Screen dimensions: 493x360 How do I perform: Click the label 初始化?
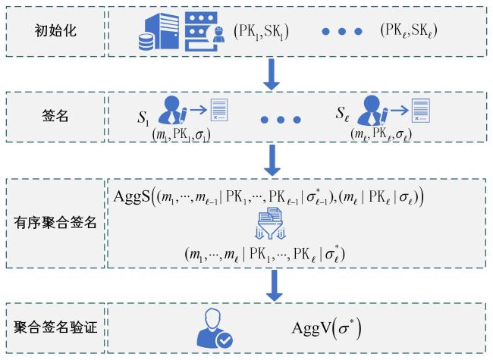[55, 31]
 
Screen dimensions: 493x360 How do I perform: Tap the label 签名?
[55, 116]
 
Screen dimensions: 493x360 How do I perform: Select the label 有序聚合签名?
[55, 223]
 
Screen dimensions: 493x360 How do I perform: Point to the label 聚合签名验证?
[55, 327]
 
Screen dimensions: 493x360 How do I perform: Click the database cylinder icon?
[146, 42]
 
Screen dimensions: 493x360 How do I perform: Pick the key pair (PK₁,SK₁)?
[261, 32]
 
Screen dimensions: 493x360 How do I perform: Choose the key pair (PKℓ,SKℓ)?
[408, 31]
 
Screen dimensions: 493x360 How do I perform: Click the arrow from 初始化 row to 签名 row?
[272, 75]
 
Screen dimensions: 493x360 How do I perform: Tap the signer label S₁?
[143, 118]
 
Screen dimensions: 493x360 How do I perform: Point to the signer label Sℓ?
[343, 114]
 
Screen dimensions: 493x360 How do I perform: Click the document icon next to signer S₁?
[219, 110]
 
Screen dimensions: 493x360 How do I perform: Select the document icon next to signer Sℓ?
[421, 111]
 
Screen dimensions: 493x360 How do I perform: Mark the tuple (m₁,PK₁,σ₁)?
[181, 135]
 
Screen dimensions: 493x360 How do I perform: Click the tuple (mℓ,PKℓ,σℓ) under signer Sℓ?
[381, 134]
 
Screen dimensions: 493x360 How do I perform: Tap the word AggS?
[132, 196]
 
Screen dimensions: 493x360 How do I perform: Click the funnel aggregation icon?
[271, 223]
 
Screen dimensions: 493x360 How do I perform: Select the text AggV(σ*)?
[326, 328]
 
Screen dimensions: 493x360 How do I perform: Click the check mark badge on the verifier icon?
[225, 340]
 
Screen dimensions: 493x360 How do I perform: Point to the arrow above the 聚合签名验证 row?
[274, 285]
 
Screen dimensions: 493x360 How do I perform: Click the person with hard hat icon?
[218, 35]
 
